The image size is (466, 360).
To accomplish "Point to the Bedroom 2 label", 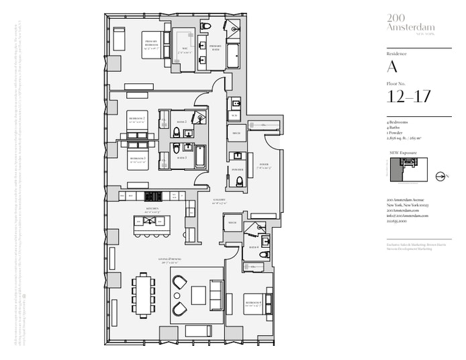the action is point(137,120).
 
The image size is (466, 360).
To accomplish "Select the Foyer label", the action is point(264,165).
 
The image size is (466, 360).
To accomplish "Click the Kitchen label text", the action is point(151,210).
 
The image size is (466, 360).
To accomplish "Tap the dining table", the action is point(144,294).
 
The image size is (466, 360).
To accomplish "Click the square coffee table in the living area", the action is point(199,294).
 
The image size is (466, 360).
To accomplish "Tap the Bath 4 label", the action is point(252,246).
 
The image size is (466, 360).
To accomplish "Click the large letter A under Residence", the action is point(392,66).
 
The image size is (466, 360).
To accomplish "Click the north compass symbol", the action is point(441,177).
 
